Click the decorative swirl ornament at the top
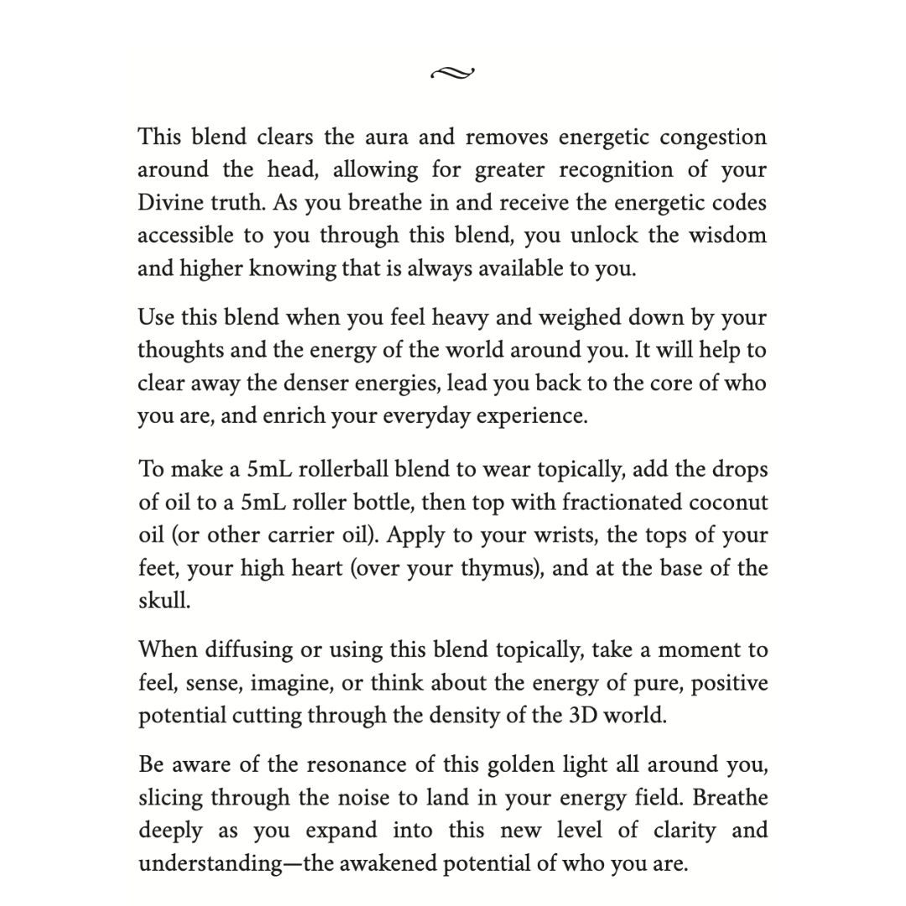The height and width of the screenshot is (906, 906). click(452, 74)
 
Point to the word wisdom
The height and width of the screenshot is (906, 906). click(728, 236)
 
